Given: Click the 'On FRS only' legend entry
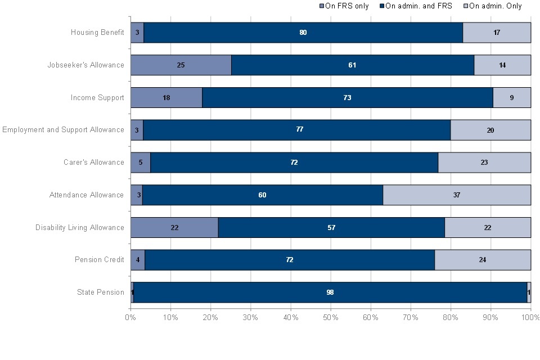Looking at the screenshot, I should (x=344, y=6).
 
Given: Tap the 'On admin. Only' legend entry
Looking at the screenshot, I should (x=492, y=6).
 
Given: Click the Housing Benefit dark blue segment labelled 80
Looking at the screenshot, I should (x=303, y=33).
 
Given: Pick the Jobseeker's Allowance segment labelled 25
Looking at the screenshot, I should (x=181, y=65).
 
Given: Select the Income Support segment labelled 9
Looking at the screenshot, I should (x=512, y=97).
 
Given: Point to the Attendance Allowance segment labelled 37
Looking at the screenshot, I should (x=457, y=195).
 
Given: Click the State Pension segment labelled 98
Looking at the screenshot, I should (x=330, y=292).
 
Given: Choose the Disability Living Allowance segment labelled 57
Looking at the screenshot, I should (x=331, y=228).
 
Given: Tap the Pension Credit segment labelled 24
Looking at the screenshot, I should (x=483, y=260).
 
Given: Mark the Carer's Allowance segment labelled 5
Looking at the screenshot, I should (x=140, y=163).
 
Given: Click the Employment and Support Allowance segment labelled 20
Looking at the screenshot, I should (x=490, y=130).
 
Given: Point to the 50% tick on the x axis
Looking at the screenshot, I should (x=331, y=318).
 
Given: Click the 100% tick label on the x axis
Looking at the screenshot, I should (x=530, y=318).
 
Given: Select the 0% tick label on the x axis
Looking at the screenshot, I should (x=130, y=318).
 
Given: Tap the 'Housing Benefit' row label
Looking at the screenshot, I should (x=97, y=33).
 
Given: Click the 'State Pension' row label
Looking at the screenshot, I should (x=101, y=292).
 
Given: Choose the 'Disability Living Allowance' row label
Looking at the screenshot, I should (x=80, y=228).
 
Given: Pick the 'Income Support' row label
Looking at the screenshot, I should (x=97, y=97).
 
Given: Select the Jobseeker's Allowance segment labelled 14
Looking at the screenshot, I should (x=502, y=65).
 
